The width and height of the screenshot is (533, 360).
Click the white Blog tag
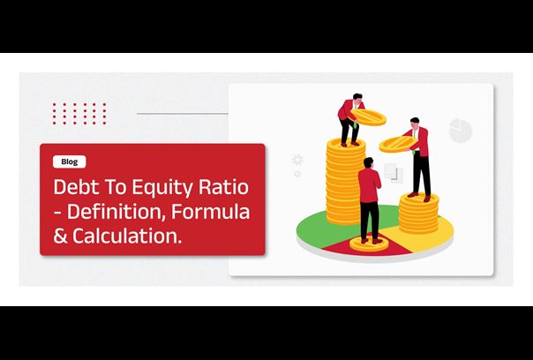click(x=70, y=161)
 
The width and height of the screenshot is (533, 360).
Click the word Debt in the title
click(x=73, y=187)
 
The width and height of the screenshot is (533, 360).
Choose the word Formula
click(x=211, y=211)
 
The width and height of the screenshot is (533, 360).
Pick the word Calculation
click(x=127, y=236)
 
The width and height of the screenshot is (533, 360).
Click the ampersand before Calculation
click(x=61, y=236)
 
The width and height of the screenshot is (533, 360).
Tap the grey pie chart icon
click(x=461, y=131)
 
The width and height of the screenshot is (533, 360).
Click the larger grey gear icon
click(x=297, y=160)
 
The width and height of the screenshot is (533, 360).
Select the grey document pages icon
click(x=394, y=173)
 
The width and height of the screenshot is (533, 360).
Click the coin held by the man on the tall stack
click(x=368, y=117)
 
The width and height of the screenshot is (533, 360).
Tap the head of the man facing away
click(x=368, y=162)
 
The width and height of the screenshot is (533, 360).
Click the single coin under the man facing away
click(x=369, y=244)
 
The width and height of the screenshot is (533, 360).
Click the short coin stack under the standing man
click(x=418, y=214)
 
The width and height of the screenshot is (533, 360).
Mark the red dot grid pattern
click(x=79, y=114)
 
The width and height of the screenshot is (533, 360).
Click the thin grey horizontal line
click(x=183, y=114)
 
